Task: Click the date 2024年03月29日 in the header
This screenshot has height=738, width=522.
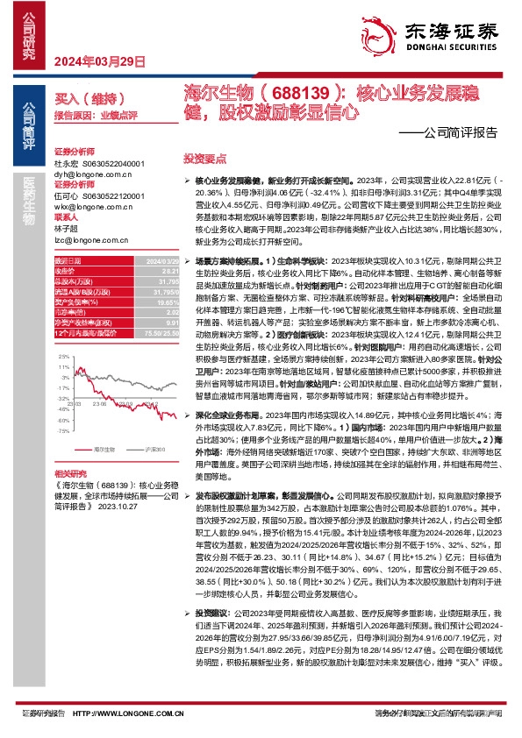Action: (97, 60)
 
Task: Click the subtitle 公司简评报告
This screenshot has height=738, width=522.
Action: (461, 133)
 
